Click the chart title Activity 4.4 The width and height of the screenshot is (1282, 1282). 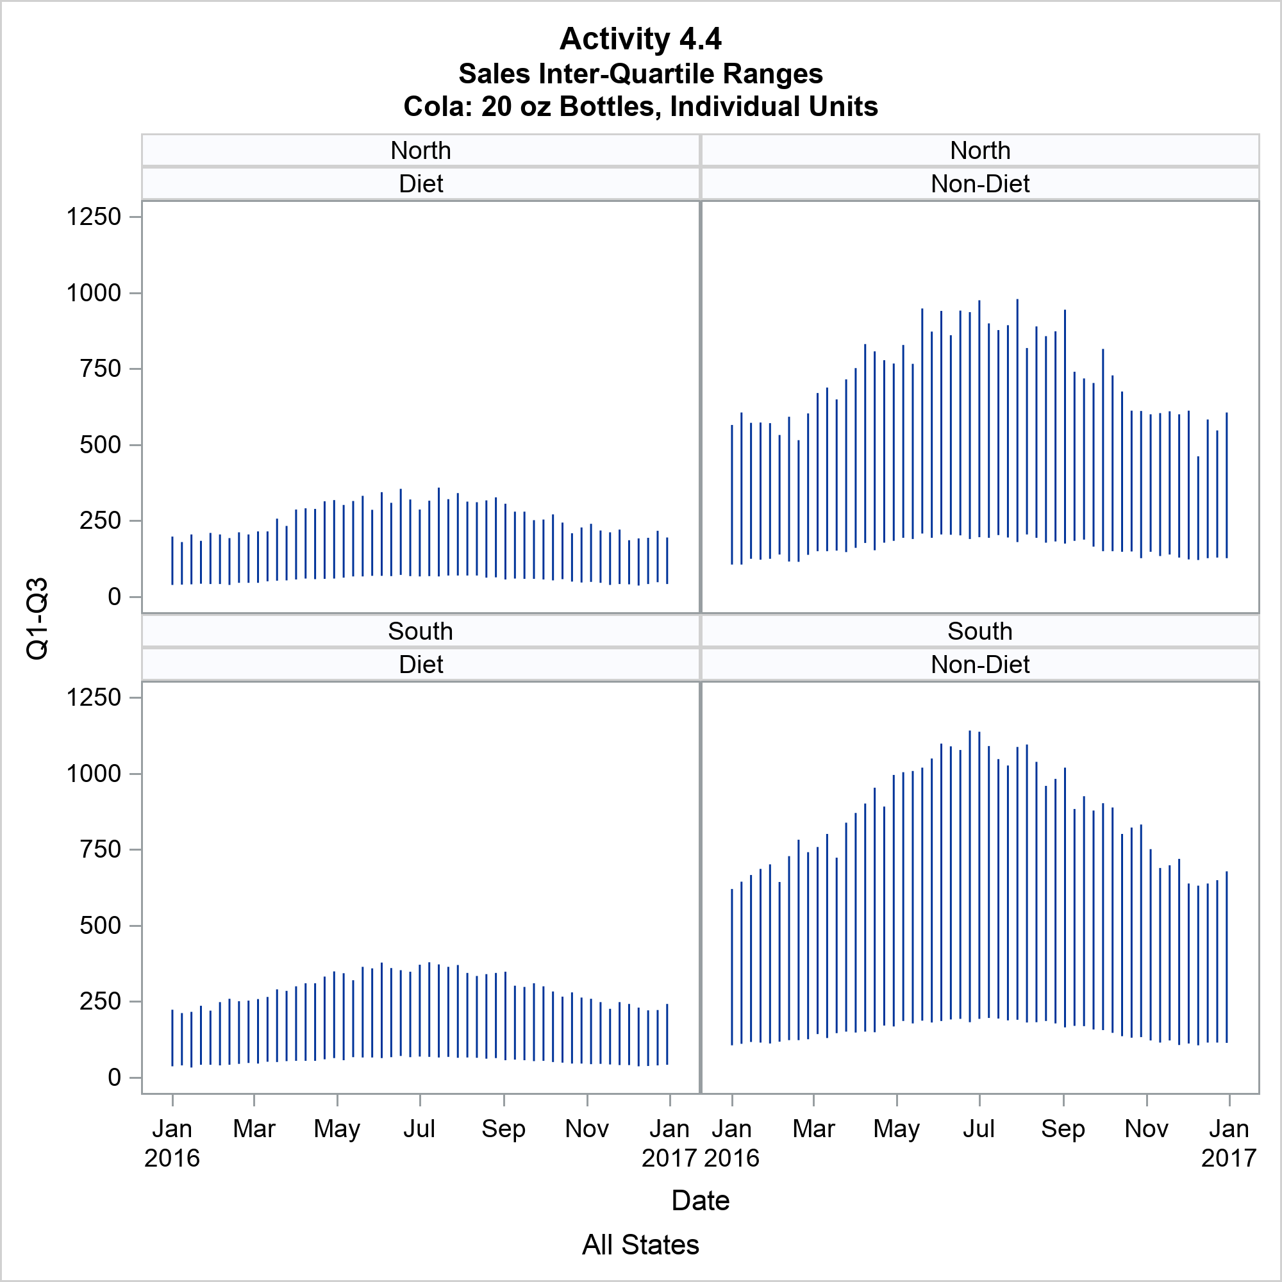(x=640, y=39)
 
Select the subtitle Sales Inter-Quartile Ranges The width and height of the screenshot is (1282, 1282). (x=640, y=74)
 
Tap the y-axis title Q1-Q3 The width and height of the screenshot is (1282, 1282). (x=37, y=619)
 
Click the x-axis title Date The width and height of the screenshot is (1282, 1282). (x=700, y=1201)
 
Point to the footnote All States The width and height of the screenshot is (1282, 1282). (x=640, y=1245)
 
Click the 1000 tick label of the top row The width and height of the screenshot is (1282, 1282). (x=94, y=293)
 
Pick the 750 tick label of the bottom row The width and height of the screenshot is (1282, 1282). (x=100, y=849)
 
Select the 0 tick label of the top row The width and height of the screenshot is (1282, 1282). (x=114, y=597)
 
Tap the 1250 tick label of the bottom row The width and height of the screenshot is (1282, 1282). (x=94, y=697)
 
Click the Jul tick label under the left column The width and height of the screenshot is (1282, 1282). (x=419, y=1129)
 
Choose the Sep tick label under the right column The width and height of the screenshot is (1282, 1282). (x=1063, y=1129)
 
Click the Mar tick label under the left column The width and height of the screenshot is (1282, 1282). (x=254, y=1129)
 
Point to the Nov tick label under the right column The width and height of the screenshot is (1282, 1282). (x=1146, y=1129)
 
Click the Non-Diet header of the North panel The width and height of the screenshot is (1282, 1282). (x=980, y=184)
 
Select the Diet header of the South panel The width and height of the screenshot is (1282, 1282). (x=420, y=664)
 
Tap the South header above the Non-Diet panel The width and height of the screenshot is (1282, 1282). (x=980, y=631)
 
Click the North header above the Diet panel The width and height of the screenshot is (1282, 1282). (x=420, y=151)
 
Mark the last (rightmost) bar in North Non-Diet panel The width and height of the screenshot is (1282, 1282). (x=1227, y=485)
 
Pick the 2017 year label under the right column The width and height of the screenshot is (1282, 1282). (x=1229, y=1158)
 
